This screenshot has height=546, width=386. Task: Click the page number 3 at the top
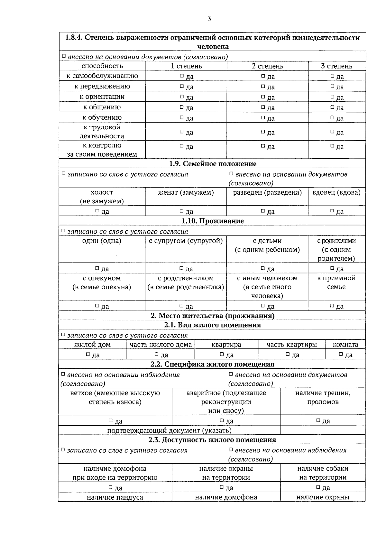[x=209, y=19]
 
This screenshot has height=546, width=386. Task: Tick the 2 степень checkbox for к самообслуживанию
[x=263, y=76]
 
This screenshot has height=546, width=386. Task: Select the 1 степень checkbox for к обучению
[x=182, y=117]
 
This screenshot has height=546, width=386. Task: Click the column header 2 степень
[x=268, y=66]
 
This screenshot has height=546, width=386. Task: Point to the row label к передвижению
[x=102, y=86]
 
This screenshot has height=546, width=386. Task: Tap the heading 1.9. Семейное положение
[x=213, y=164]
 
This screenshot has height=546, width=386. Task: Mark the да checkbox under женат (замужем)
[x=182, y=211]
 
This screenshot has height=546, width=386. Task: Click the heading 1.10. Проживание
[x=213, y=221]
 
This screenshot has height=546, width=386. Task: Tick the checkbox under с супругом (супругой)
[x=182, y=268]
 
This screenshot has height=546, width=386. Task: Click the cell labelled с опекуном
[x=102, y=278]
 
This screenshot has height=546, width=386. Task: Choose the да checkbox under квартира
[x=222, y=355]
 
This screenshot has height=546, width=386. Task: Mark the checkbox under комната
[x=341, y=355]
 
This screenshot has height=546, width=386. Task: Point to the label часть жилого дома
[x=161, y=345]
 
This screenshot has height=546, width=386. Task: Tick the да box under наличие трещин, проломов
[x=318, y=421]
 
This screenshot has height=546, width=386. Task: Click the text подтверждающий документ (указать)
[x=170, y=430]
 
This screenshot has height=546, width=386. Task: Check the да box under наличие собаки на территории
[x=318, y=487]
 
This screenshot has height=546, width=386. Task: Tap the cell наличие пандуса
[x=115, y=497]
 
